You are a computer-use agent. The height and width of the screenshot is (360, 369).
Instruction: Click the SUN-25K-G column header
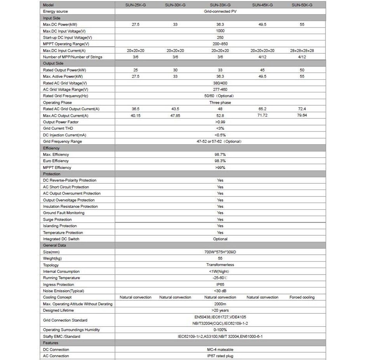pyautogui.click(x=136, y=5)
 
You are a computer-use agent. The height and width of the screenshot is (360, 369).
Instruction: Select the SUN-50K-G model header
pyautogui.click(x=302, y=5)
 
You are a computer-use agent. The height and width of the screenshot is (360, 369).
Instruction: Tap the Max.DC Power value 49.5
pyautogui.click(x=262, y=24)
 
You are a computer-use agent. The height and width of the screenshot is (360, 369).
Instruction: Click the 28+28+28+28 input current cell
pyautogui.click(x=302, y=51)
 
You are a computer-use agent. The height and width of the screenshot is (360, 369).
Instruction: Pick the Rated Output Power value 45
pyautogui.click(x=262, y=70)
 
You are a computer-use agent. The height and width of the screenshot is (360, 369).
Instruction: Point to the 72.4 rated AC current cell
pyautogui.click(x=302, y=109)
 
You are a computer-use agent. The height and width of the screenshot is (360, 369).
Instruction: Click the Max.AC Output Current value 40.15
pyautogui.click(x=136, y=116)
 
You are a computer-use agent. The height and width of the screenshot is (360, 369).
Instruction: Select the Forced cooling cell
pyautogui.click(x=302, y=297)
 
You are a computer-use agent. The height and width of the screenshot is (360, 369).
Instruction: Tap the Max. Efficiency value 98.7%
pyautogui.click(x=220, y=155)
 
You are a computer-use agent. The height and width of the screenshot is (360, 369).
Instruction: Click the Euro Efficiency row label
pyautogui.click(x=56, y=161)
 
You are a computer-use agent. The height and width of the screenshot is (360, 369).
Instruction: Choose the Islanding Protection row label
pyautogui.click(x=60, y=226)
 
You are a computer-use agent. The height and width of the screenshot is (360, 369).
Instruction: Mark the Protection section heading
pyautogui.click(x=52, y=174)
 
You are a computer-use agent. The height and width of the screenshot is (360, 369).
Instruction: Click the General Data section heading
pyautogui.click(x=54, y=245)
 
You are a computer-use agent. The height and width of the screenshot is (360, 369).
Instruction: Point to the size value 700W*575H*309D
pyautogui.click(x=220, y=252)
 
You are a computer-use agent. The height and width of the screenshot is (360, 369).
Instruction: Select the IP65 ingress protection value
pyautogui.click(x=220, y=285)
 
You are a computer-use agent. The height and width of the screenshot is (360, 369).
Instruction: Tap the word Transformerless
pyautogui.click(x=220, y=265)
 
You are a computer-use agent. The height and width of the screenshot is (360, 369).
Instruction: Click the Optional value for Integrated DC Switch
pyautogui.click(x=220, y=239)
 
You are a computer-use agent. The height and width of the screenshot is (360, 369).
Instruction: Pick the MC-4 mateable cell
pyautogui.click(x=220, y=350)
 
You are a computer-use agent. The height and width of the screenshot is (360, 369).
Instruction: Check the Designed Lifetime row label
pyautogui.click(x=58, y=310)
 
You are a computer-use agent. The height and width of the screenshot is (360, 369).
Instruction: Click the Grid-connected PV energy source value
pyautogui.click(x=220, y=12)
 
